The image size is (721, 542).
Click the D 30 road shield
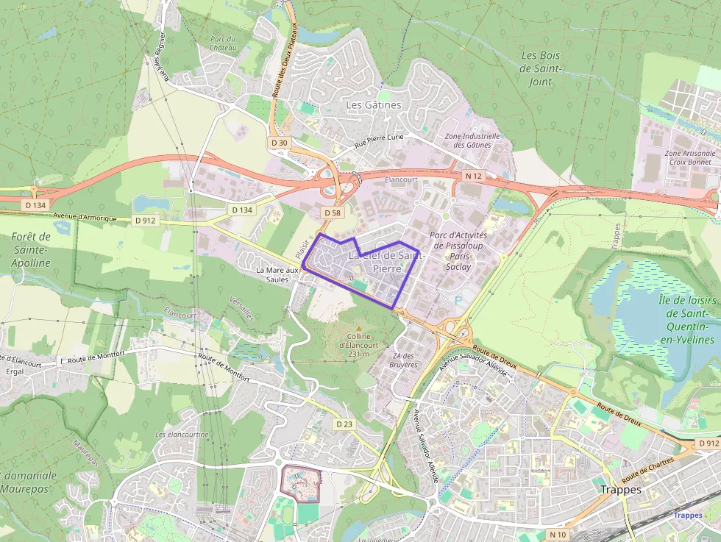[280, 143]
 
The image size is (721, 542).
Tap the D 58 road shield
[332, 212]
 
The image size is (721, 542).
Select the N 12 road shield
[473, 176]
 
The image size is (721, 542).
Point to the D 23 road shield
[344, 424]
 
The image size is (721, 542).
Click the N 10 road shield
[557, 533]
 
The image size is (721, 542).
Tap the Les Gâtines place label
[374, 105]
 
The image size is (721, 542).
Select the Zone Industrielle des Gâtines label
[472, 140]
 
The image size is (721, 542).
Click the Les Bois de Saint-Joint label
[541, 68]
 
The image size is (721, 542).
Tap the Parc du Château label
[223, 43]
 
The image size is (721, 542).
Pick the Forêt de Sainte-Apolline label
[31, 249]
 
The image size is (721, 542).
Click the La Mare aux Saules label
[277, 274]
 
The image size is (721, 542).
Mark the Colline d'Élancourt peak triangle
[358, 328]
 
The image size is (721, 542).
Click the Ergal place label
[15, 371]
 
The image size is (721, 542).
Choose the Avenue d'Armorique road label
[85, 216]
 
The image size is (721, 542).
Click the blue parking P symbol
[460, 300]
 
